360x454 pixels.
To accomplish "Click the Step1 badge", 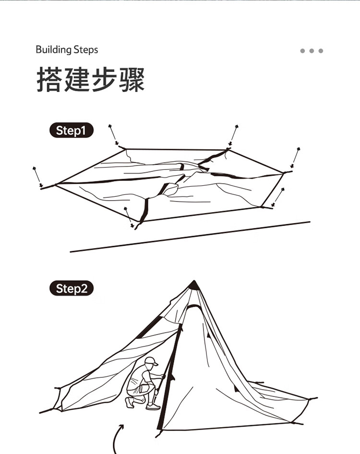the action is [72, 130].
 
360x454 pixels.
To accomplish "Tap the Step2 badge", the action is [72, 288].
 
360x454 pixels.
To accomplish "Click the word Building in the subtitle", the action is [54, 50].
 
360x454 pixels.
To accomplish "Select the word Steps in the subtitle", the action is [86, 50].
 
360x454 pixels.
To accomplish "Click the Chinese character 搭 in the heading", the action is [49, 79].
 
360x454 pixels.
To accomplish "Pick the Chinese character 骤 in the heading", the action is [132, 79].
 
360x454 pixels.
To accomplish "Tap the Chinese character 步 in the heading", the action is [104, 79].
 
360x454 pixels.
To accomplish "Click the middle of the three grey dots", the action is [312, 51].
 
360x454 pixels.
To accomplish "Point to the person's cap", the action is [151, 361].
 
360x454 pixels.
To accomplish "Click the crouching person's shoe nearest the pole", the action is [153, 406].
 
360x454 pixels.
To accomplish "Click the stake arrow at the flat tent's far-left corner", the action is [37, 177].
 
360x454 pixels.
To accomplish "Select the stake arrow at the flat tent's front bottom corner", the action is [129, 217].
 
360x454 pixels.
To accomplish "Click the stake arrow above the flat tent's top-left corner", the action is [114, 135].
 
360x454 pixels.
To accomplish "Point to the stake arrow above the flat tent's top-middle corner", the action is [233, 135].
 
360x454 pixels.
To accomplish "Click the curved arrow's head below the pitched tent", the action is [121, 427].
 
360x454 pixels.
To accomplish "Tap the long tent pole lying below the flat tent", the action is [190, 237].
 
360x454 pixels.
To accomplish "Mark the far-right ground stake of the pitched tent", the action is [313, 399].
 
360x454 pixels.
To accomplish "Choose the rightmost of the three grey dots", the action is [321, 51].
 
